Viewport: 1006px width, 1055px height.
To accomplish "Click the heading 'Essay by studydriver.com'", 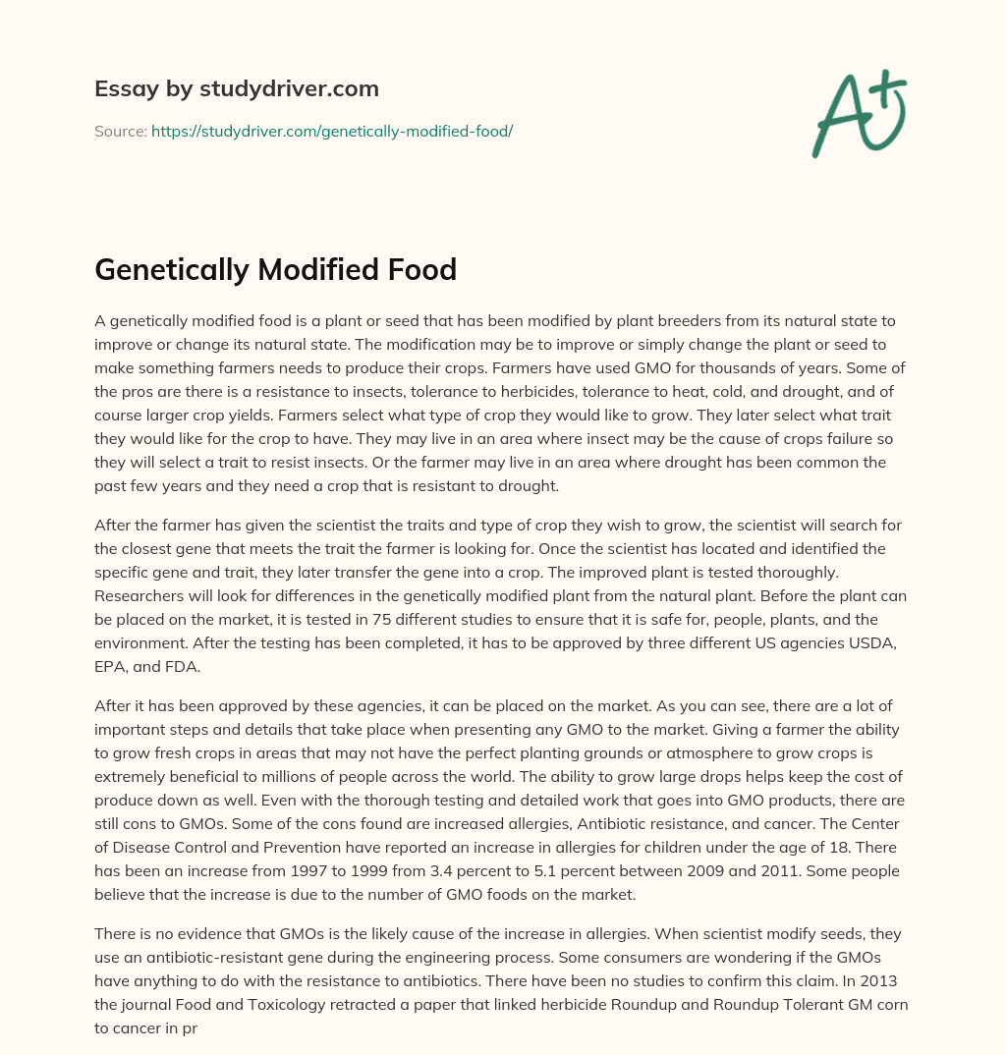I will tap(236, 88).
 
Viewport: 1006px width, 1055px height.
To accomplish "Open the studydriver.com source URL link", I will tap(331, 131).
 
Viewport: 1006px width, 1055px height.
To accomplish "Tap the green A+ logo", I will tap(858, 113).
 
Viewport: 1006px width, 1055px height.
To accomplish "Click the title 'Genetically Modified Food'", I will tap(275, 269).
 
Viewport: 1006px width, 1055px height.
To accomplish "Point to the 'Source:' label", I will tap(120, 131).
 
